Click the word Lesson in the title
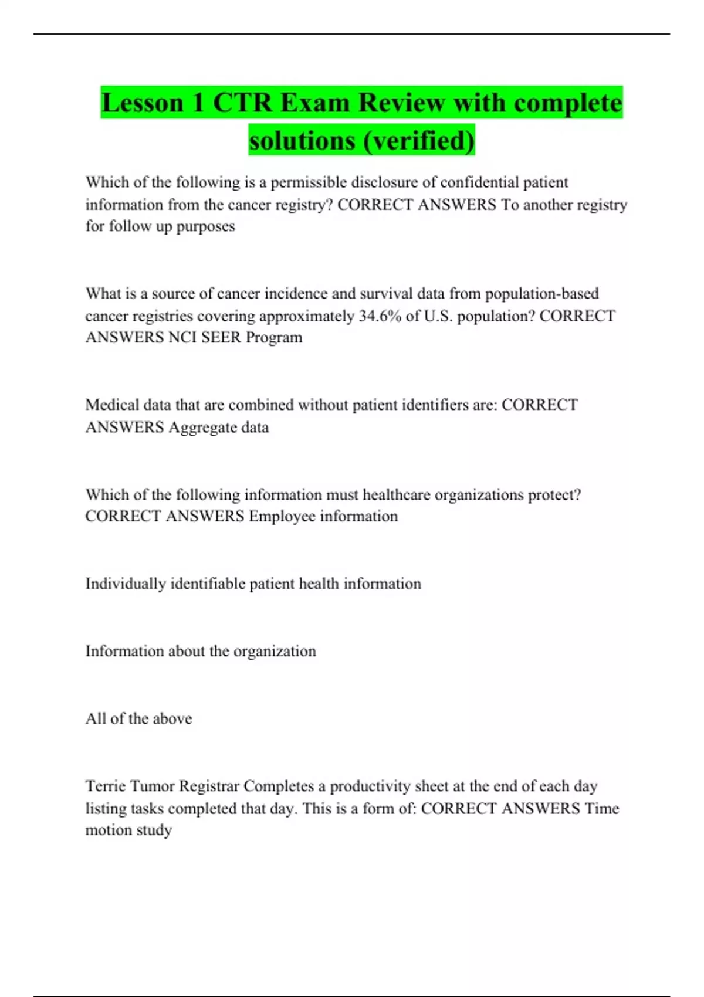[x=143, y=103]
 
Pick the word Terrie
[x=105, y=786]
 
